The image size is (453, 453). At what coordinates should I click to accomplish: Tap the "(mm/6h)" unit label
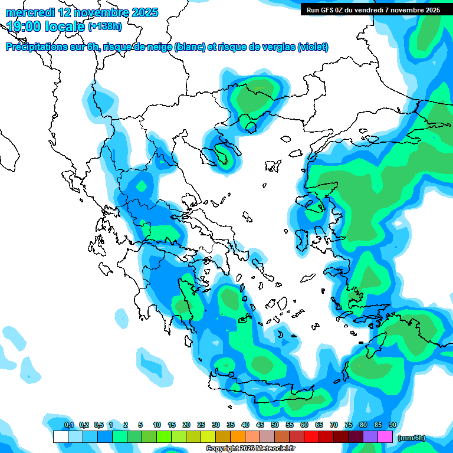(411, 438)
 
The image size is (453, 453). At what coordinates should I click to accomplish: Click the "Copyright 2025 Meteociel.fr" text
(247, 449)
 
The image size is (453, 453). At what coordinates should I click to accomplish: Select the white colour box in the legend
(60, 437)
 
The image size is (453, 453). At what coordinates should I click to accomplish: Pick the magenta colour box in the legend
(385, 437)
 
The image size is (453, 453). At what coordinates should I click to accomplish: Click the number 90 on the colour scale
(393, 425)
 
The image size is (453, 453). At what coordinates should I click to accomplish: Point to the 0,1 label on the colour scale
(69, 425)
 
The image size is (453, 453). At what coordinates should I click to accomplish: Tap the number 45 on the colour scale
(260, 425)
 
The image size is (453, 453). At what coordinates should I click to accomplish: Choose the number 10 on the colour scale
(157, 425)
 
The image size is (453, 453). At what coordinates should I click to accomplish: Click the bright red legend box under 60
(311, 437)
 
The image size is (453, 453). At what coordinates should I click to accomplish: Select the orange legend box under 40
(238, 437)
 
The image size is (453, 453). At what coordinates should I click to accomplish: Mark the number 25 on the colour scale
(201, 425)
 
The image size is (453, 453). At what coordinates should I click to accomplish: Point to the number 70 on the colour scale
(334, 425)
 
